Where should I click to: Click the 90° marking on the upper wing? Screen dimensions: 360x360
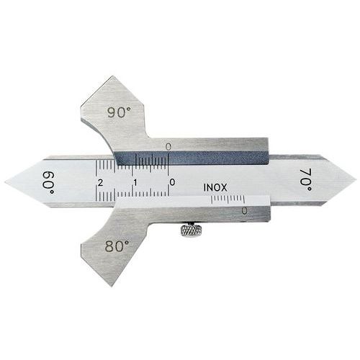(120, 112)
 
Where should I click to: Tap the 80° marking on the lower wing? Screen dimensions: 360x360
(117, 246)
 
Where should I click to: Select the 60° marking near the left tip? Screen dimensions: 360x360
(48, 180)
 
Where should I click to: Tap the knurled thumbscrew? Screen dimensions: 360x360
(191, 230)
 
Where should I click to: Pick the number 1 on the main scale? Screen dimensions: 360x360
(136, 183)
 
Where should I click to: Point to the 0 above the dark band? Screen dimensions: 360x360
(168, 146)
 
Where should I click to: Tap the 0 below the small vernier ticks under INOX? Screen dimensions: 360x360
(245, 210)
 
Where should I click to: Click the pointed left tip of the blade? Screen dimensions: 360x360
(6, 181)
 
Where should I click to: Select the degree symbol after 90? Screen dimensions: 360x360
(129, 109)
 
